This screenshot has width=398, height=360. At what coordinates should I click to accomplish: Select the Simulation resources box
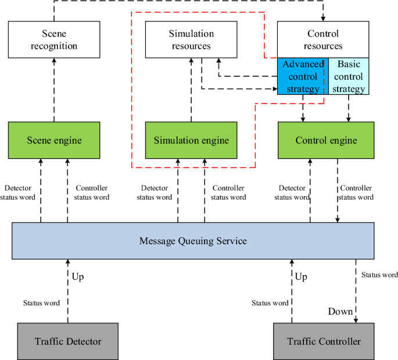coord(191,40)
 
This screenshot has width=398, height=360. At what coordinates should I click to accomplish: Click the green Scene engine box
coord(54,140)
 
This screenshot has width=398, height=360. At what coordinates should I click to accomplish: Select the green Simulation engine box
coord(191,140)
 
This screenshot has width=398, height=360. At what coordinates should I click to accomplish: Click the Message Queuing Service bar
coord(192,240)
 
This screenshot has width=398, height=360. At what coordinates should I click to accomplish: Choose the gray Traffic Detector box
coord(68,341)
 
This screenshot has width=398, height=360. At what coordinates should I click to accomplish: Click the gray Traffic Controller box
coord(324,341)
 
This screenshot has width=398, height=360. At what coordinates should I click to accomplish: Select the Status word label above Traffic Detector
coord(41,303)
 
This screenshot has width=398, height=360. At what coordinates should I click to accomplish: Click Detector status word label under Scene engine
coord(21,193)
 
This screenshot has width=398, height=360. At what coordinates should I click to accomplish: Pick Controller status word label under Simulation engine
coord(228,193)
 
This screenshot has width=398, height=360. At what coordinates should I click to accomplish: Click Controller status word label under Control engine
coord(356,193)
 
